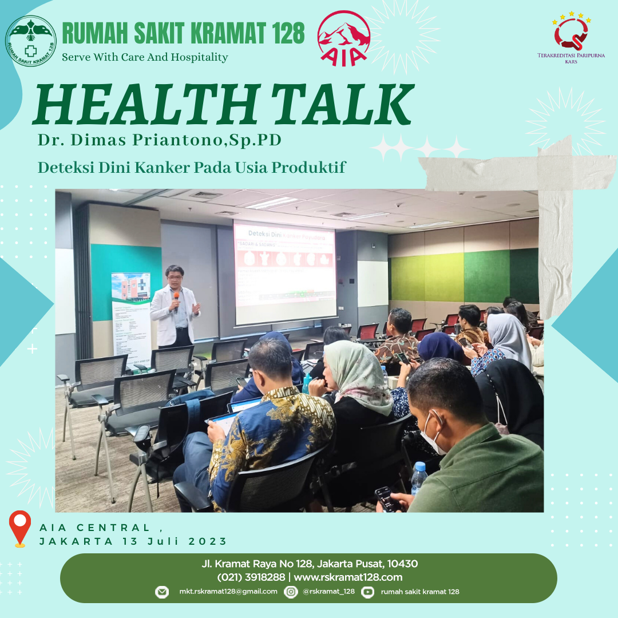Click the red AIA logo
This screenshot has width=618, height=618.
coord(343,38)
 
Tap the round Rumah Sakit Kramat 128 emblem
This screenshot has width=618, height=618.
coord(31,41)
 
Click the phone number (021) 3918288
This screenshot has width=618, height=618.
coord(251,577)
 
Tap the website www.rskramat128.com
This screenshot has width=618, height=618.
coord(348,577)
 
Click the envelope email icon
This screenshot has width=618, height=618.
coord(162,592)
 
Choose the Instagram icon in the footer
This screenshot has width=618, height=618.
coord(291,592)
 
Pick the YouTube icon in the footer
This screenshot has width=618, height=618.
coord(368,592)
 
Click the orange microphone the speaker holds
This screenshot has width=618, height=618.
coord(177,298)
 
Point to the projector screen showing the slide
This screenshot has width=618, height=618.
coord(284,272)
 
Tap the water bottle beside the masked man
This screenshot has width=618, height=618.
coord(418,478)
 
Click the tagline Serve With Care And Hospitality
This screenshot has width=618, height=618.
coord(145,57)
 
